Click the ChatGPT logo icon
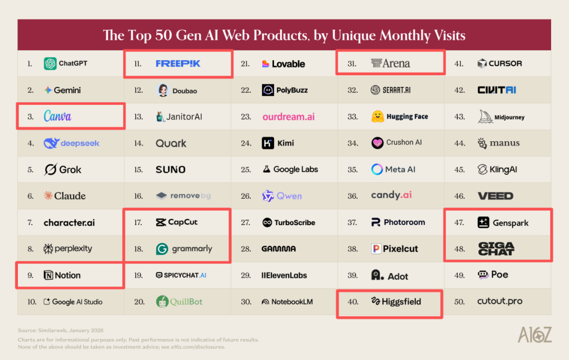tap(50, 64)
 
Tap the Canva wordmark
tap(57, 116)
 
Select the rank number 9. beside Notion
tap(31, 275)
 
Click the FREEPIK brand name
tap(178, 64)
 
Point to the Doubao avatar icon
tap(163, 90)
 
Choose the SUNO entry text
tap(170, 170)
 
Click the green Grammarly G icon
tap(162, 249)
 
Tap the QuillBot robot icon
tap(162, 301)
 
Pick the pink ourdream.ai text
tap(289, 116)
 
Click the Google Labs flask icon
tap(267, 170)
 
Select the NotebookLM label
tap(292, 302)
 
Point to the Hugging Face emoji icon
tap(377, 116)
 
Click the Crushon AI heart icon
tap(377, 143)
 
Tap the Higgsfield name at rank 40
tap(401, 302)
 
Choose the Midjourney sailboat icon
tap(485, 116)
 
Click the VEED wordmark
tap(495, 196)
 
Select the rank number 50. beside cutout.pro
tap(459, 302)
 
